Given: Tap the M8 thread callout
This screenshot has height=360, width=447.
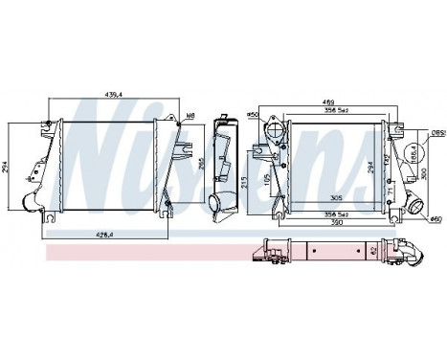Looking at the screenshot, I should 191,116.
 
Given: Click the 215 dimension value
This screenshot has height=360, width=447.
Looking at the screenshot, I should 245,182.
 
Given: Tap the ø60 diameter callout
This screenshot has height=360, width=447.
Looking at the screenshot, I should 436,220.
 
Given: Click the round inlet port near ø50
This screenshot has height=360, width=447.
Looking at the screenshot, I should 274,131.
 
